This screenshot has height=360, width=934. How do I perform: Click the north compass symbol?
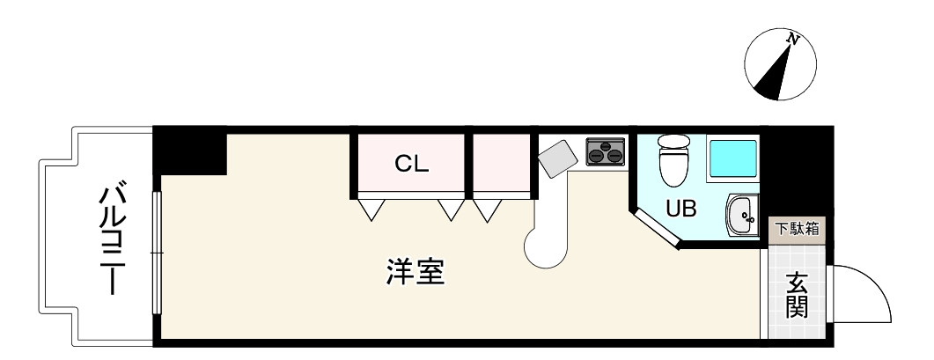[x=778, y=65]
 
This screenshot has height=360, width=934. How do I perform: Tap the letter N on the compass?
[x=793, y=40]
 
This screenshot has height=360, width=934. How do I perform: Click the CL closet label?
[x=411, y=164]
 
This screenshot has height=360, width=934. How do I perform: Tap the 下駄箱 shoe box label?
[x=796, y=229]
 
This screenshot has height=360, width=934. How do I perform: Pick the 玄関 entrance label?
[x=797, y=296]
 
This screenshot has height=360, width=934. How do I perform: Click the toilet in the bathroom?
[x=675, y=159]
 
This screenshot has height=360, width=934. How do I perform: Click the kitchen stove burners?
[x=606, y=151]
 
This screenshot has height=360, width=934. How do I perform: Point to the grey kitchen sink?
[x=556, y=159]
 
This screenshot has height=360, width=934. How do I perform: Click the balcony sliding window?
[x=158, y=253]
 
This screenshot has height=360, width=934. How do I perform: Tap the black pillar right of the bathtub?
[x=796, y=167]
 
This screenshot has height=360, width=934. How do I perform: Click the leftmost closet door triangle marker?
[x=371, y=209]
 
